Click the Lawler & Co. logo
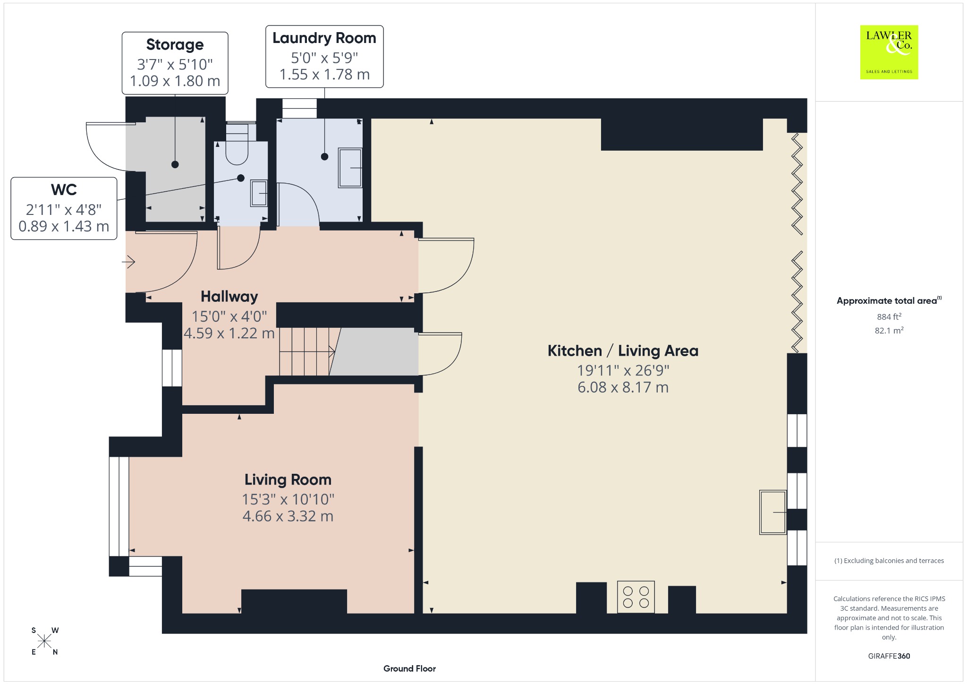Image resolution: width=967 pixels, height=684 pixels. tap(889, 52)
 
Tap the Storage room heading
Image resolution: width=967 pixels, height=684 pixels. tap(175, 44)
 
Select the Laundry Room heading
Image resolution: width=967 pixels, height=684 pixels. tap(324, 38)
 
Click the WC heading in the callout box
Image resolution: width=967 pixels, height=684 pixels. tap(64, 189)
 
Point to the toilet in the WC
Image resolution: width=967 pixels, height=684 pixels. tap(237, 144)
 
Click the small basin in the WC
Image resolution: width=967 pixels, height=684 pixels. tap(259, 193)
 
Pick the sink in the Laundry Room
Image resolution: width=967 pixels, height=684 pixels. tap(350, 168)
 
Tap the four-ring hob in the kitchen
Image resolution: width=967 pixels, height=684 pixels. tap(636, 597)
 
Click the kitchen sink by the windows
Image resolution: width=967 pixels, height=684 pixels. tap(773, 513)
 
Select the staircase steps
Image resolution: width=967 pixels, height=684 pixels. tap(307, 351)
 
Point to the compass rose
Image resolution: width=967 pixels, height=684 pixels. tap(45, 641)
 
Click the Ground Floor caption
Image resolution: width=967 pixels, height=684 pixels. tap(409, 668)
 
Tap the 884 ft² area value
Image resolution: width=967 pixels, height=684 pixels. tap(889, 316)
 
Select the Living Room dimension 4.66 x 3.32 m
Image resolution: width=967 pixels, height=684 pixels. tap(288, 516)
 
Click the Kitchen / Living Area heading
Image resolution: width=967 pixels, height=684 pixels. tap(623, 351)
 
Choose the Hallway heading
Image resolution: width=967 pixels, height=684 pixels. tap(229, 297)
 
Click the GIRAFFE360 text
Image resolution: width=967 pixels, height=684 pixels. tap(889, 656)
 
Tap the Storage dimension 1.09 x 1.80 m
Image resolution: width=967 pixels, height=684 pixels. tap(175, 81)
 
